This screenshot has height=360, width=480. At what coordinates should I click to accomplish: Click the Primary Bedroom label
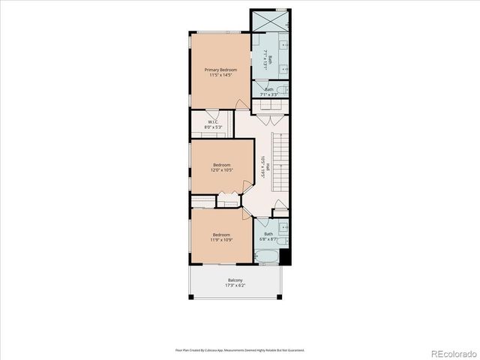[220, 70]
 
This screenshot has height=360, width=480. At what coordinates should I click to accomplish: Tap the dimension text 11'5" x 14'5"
[220, 75]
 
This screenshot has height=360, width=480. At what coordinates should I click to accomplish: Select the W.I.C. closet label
[213, 121]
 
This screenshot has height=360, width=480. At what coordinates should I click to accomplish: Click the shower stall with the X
[270, 21]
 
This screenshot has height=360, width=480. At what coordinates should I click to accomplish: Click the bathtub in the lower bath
[268, 258]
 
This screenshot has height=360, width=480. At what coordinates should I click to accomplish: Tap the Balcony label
[235, 280]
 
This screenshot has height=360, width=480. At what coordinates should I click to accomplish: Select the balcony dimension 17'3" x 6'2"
[235, 286]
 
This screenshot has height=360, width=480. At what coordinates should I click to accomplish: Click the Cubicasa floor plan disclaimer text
[240, 349]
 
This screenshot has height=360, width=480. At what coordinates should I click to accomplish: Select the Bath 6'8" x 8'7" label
[268, 234]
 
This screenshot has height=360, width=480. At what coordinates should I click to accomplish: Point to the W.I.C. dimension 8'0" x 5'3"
[213, 127]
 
